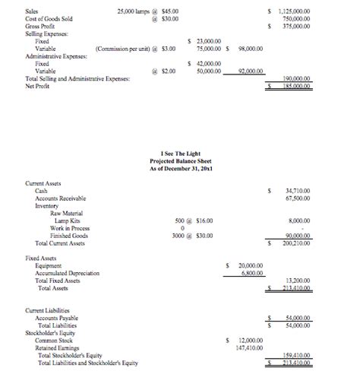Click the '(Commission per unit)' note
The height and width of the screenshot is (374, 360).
[x=121, y=49]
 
